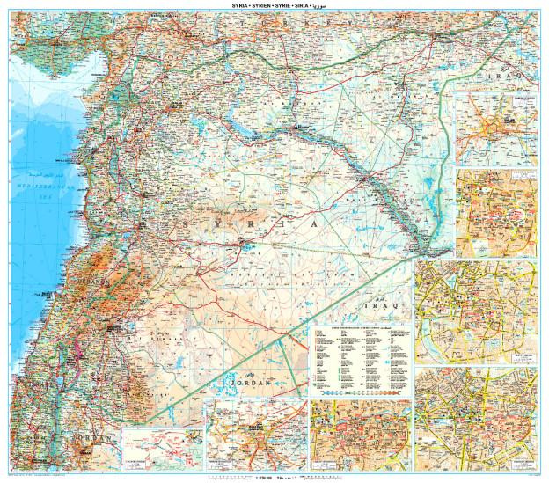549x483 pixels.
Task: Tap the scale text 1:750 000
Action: [x=260, y=478]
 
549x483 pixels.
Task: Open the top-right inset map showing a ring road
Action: [x=496, y=128]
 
